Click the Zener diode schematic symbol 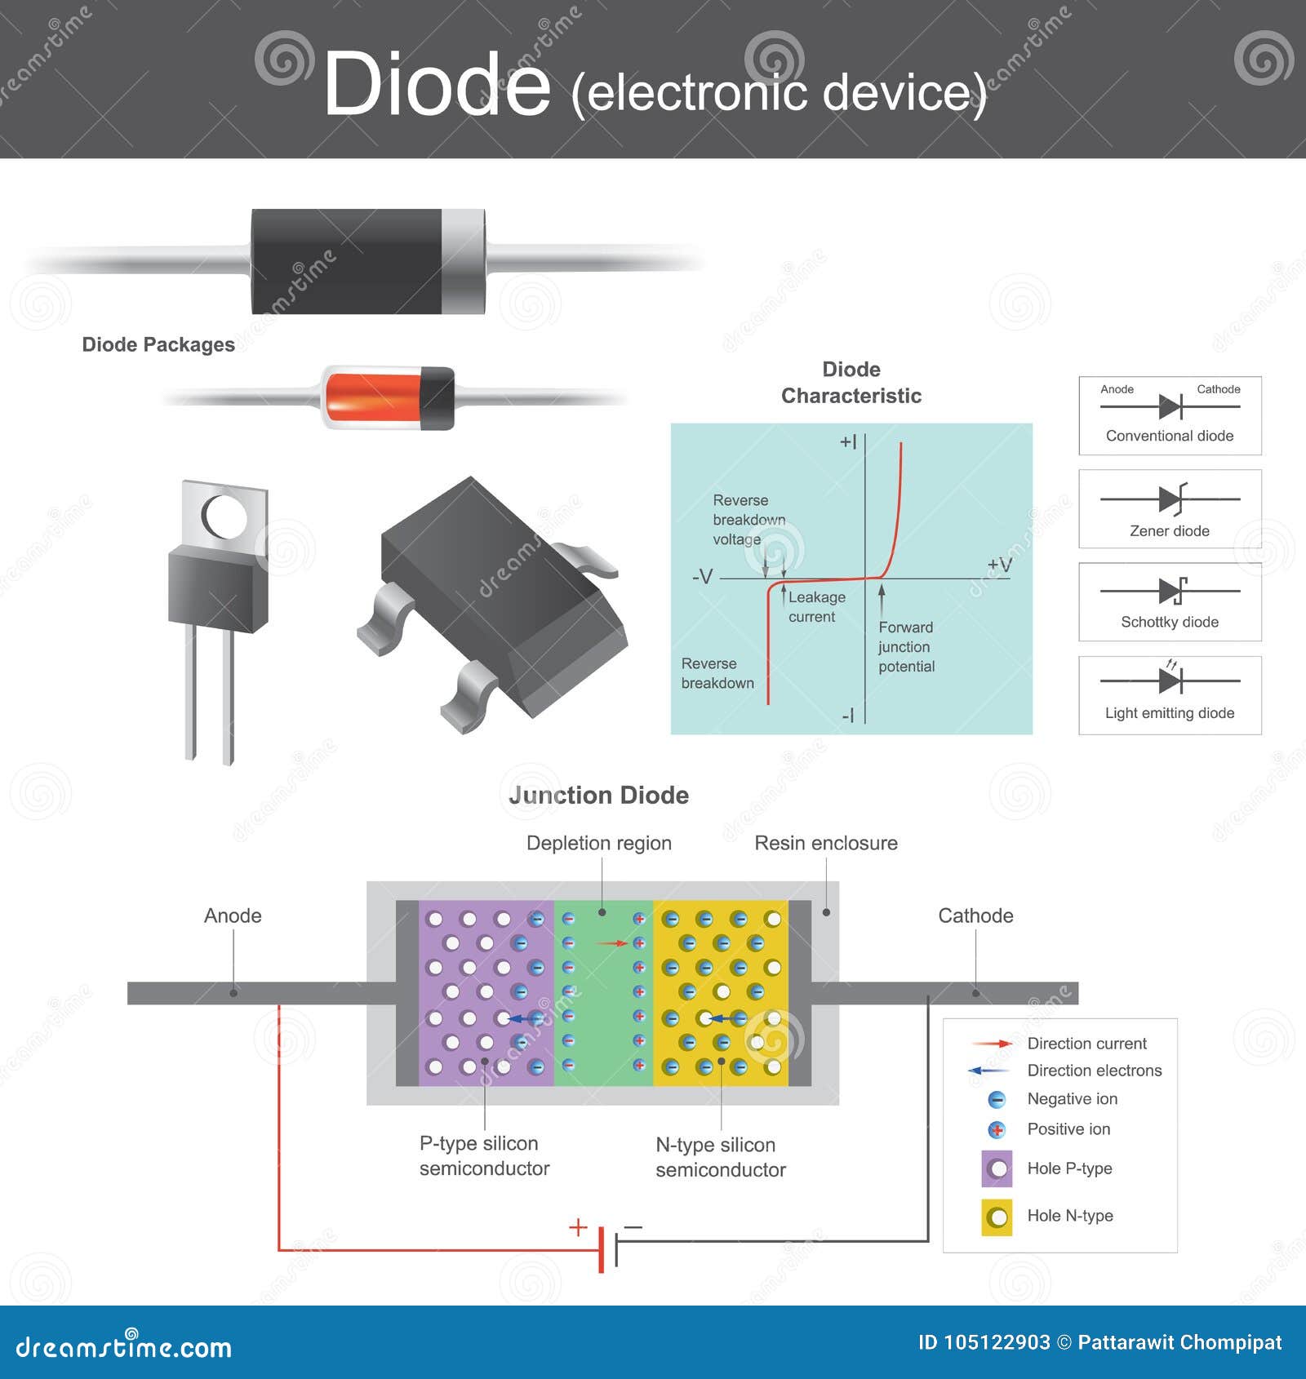(1171, 499)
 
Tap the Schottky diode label (1169, 622)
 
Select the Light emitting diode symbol (1171, 680)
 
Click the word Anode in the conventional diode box (1117, 389)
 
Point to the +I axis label (848, 442)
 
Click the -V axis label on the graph (702, 577)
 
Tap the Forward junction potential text (906, 647)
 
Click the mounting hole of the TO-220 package (224, 517)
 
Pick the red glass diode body (371, 397)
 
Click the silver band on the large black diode (462, 261)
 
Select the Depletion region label (598, 843)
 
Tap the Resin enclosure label (825, 843)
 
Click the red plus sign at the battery (578, 1227)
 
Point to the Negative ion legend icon (997, 1100)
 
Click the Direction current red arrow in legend (992, 1044)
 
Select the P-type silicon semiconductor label (484, 1155)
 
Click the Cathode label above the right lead (975, 916)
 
